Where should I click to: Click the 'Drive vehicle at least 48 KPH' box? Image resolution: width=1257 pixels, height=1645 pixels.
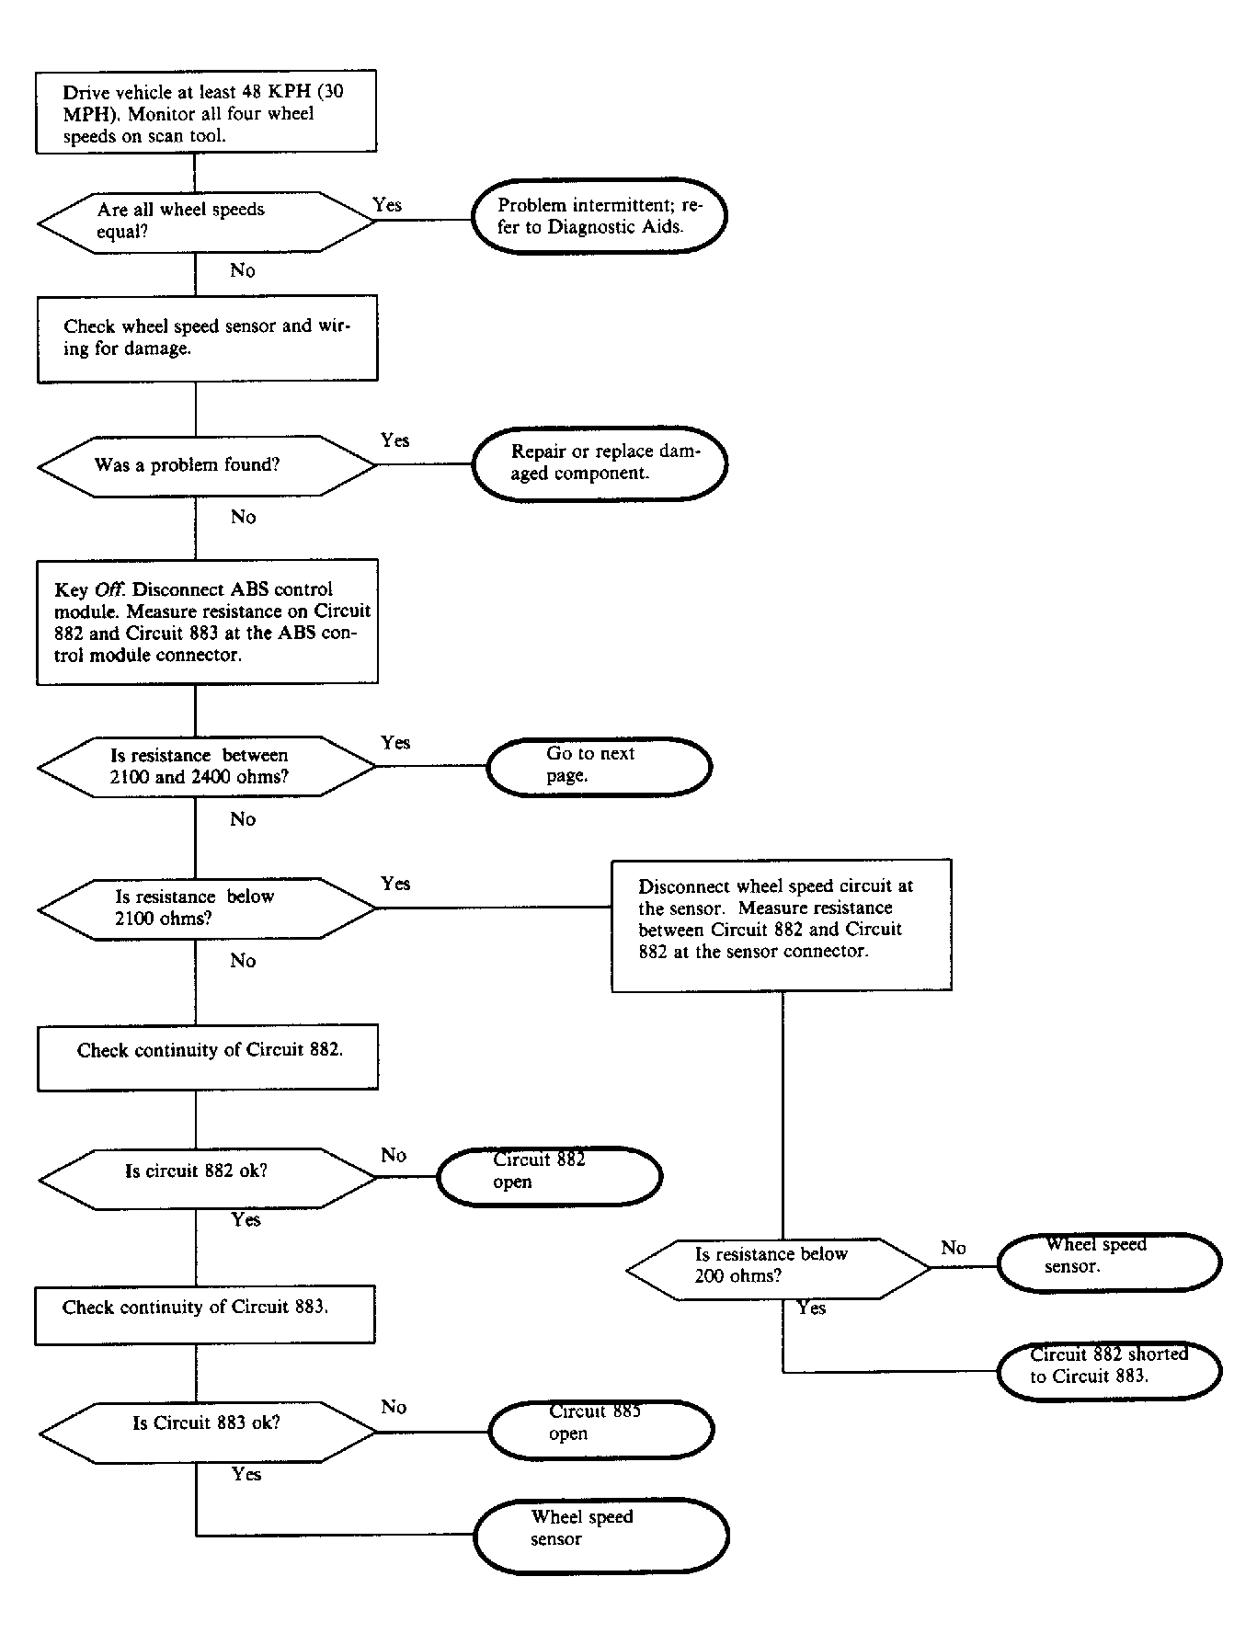pyautogui.click(x=206, y=111)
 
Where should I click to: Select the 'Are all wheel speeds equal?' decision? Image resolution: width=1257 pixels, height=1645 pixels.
pyautogui.click(x=206, y=222)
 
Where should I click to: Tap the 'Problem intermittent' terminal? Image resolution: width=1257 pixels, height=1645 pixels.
pyautogui.click(x=600, y=216)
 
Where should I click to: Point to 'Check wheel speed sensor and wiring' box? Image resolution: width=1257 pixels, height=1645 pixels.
pyautogui.click(x=207, y=338)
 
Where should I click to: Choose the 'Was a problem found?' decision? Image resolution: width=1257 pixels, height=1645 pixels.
pyautogui.click(x=207, y=466)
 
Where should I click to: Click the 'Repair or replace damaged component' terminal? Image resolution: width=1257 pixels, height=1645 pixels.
pyautogui.click(x=600, y=463)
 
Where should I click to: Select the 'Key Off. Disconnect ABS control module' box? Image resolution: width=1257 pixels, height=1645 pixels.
pyautogui.click(x=207, y=622)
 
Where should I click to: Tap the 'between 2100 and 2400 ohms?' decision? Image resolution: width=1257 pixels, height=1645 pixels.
pyautogui.click(x=207, y=767)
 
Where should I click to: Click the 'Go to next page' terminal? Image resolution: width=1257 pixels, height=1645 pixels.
pyautogui.click(x=599, y=766)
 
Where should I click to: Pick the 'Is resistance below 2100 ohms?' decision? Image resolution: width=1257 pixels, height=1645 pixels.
pyautogui.click(x=207, y=908)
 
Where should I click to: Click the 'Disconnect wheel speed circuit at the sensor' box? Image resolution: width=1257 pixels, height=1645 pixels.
pyautogui.click(x=782, y=925)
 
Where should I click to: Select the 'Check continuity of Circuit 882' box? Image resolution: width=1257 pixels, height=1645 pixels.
pyautogui.click(x=207, y=1057)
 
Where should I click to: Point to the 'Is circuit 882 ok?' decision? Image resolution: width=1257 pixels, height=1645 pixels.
pyautogui.click(x=208, y=1178)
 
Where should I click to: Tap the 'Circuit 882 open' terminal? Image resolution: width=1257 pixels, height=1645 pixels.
pyautogui.click(x=549, y=1176)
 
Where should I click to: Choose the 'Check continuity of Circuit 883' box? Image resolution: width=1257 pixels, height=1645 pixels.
pyautogui.click(x=205, y=1315)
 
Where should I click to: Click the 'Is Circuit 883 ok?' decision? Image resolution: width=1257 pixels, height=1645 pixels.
pyautogui.click(x=208, y=1433)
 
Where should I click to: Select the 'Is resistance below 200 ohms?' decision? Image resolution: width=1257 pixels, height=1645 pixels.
pyautogui.click(x=779, y=1269)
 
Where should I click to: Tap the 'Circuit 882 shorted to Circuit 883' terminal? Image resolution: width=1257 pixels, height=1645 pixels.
pyautogui.click(x=1110, y=1370)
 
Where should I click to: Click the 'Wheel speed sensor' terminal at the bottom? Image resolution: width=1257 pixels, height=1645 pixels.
pyautogui.click(x=601, y=1536)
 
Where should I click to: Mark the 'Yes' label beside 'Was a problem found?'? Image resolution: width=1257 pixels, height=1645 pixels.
pyautogui.click(x=395, y=440)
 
